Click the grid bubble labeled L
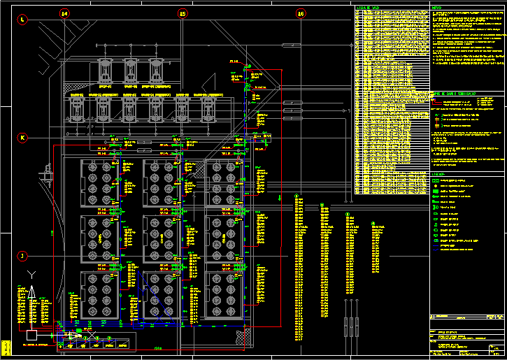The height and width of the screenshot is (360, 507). tap(22, 21)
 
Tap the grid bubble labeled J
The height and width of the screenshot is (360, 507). tap(22, 256)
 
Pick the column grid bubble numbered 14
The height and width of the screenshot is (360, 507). tap(64, 13)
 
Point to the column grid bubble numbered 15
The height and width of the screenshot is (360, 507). tap(183, 13)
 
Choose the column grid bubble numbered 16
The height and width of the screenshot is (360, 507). tap(301, 13)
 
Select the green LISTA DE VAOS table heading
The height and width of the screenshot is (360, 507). tap(368, 8)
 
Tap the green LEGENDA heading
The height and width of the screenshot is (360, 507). tap(439, 174)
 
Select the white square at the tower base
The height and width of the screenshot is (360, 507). tap(30, 336)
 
